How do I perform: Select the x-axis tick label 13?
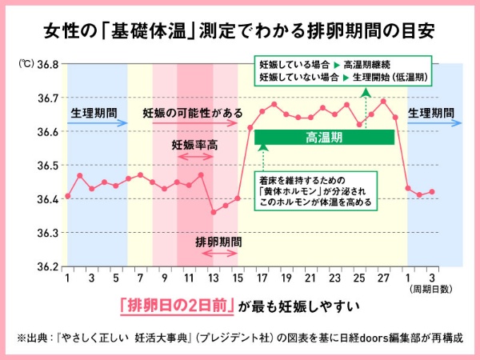click(213, 278)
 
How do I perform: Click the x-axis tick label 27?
click(382, 278)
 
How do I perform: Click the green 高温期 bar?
click(325, 138)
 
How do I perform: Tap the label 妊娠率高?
click(194, 146)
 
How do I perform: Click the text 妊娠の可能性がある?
click(193, 113)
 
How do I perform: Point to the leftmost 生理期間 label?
click(93, 112)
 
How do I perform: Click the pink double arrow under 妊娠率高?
click(194, 157)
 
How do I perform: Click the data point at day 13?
click(213, 212)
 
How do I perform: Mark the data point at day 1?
click(68, 196)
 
